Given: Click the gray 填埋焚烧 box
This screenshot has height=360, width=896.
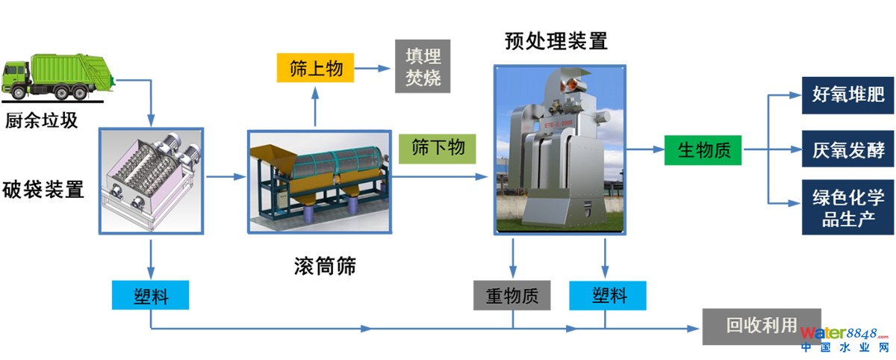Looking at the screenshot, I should click(x=423, y=67).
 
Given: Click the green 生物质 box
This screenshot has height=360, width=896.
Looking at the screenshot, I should click(x=703, y=149).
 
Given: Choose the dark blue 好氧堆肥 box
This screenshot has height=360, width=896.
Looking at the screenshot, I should click(x=848, y=95).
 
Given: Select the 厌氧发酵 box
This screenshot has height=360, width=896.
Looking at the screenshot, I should click(x=848, y=149).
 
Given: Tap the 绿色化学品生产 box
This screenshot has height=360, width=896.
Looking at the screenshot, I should click(x=848, y=207).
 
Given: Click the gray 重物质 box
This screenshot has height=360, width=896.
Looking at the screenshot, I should click(x=512, y=296).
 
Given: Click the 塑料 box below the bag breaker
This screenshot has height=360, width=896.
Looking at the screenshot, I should click(x=150, y=296).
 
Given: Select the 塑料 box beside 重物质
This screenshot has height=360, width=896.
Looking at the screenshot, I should click(x=609, y=296).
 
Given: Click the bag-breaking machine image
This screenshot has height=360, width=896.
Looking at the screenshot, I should click(x=152, y=180).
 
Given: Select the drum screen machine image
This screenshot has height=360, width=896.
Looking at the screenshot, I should click(x=320, y=181).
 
